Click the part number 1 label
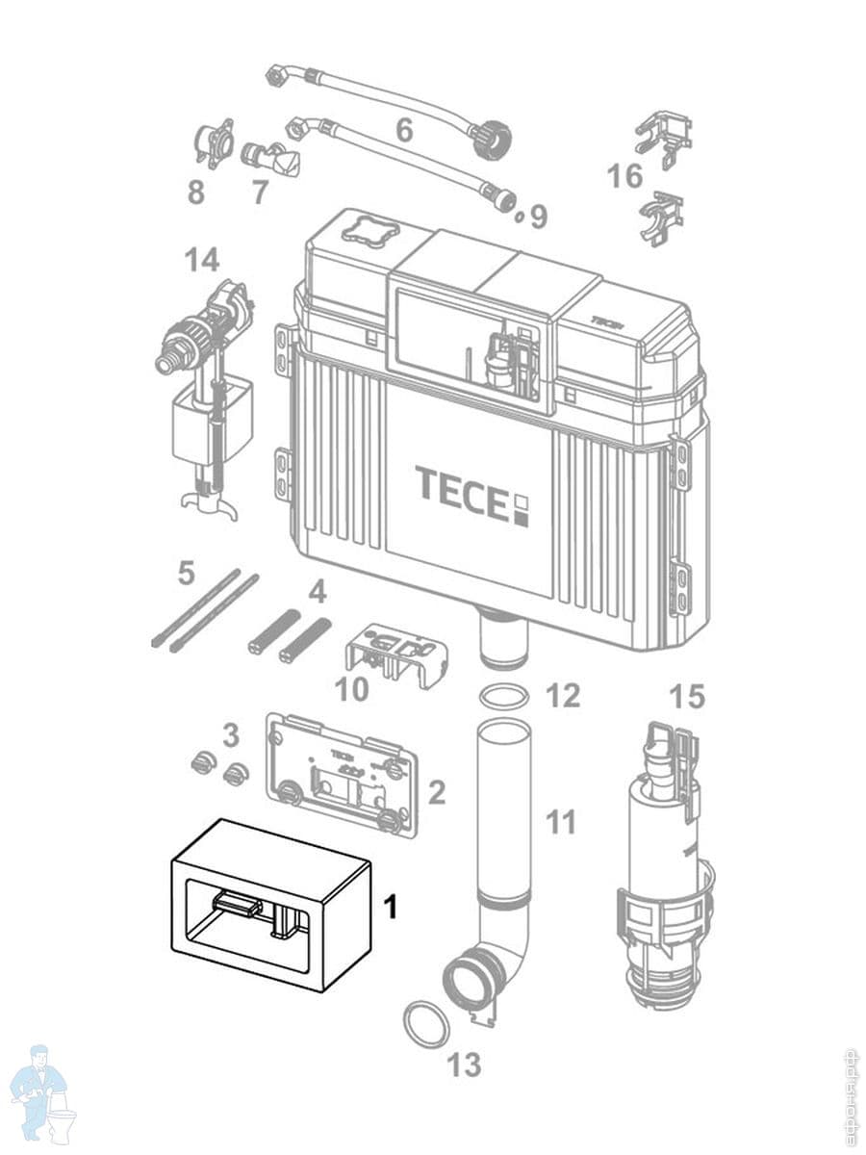coord(391,907)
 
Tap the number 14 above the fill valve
coord(203,259)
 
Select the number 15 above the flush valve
coord(687,697)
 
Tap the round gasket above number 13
coord(425,1024)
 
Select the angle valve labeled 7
coord(271,158)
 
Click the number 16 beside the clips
coord(625,176)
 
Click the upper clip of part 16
coord(663,133)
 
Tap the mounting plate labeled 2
coord(342,774)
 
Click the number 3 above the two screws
coord(230,736)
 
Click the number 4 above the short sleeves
coord(317,590)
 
